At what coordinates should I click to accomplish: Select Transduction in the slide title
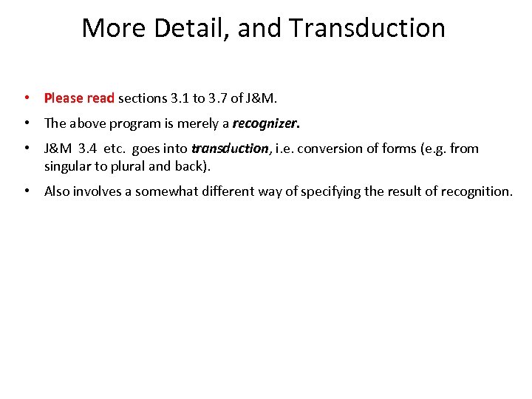pyautogui.click(x=367, y=28)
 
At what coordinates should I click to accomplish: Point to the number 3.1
pyautogui.click(x=180, y=98)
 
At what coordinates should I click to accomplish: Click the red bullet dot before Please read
pyautogui.click(x=26, y=98)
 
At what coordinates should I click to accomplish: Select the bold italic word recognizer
pyautogui.click(x=265, y=123)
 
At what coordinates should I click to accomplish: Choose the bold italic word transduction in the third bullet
pyautogui.click(x=231, y=148)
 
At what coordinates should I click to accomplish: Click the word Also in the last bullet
pyautogui.click(x=58, y=191)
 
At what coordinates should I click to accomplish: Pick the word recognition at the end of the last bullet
pyautogui.click(x=475, y=191)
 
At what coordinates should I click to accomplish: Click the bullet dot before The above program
pyautogui.click(x=26, y=123)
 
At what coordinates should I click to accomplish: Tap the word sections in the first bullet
pyautogui.click(x=143, y=98)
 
